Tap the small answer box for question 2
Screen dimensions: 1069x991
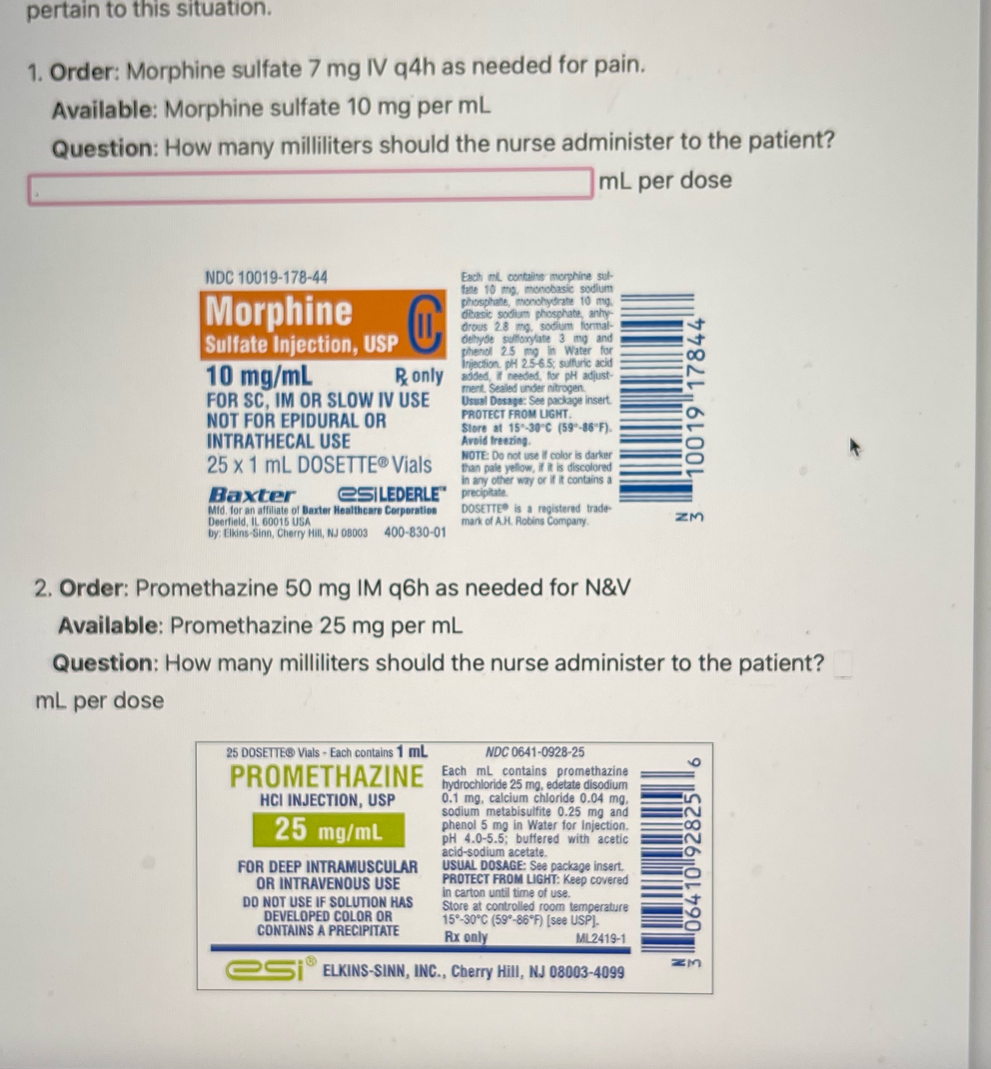point(843,665)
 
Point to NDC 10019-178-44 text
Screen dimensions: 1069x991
point(266,278)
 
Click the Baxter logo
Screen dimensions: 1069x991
point(251,494)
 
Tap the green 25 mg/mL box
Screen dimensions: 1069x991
point(329,831)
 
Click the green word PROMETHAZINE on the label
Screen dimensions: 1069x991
point(326,777)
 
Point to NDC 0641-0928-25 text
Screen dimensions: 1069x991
point(535,752)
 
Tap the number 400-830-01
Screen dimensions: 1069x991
point(415,533)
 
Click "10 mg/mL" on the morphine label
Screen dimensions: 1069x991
point(259,377)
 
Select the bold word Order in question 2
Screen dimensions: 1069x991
point(91,589)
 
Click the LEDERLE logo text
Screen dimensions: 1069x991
point(391,494)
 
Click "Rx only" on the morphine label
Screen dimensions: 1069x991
point(419,376)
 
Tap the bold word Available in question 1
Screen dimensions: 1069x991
point(102,110)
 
